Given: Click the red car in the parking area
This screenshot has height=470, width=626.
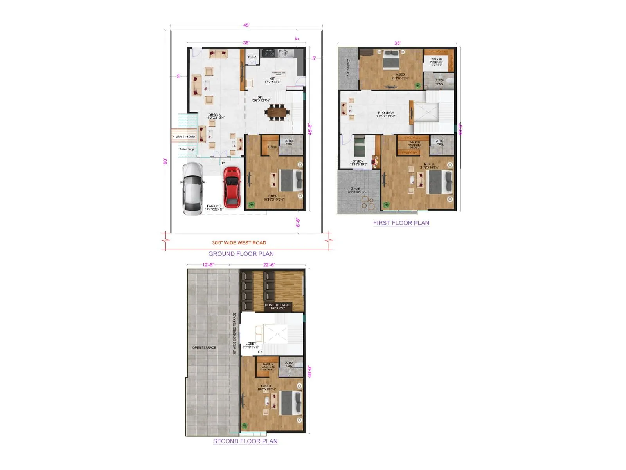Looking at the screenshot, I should click(x=232, y=187).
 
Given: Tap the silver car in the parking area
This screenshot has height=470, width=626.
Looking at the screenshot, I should click(x=192, y=189).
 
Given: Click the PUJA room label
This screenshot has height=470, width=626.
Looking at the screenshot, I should click(x=252, y=57).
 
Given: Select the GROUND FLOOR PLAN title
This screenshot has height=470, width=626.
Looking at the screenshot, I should click(x=241, y=254).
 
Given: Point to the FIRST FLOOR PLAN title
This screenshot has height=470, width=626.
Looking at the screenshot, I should click(x=401, y=223).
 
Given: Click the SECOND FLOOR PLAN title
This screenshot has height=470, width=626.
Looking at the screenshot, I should click(x=245, y=441).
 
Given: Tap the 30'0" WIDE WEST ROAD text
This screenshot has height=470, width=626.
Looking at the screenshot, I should click(x=239, y=243).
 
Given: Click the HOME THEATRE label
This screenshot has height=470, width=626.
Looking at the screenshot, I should click(x=277, y=305).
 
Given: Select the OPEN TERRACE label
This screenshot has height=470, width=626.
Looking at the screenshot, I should click(x=204, y=347).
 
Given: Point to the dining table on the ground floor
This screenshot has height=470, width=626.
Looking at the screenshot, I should click(x=277, y=112).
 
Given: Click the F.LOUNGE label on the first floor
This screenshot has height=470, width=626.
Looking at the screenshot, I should click(x=386, y=113).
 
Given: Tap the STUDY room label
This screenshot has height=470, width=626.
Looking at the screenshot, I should click(x=358, y=161).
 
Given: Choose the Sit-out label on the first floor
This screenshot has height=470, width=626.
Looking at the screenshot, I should click(x=355, y=188).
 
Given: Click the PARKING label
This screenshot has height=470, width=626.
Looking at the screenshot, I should click(x=214, y=206).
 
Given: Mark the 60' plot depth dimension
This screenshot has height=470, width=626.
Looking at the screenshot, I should click(x=165, y=161).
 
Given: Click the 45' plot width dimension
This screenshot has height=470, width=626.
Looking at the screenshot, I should click(x=246, y=25).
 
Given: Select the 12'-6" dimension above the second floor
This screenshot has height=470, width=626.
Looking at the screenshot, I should click(x=208, y=265).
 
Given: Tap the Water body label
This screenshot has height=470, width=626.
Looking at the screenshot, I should click(x=187, y=149).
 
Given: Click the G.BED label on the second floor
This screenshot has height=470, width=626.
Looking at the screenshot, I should click(x=266, y=386).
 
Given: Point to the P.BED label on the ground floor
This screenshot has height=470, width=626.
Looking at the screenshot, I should click(x=273, y=196).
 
